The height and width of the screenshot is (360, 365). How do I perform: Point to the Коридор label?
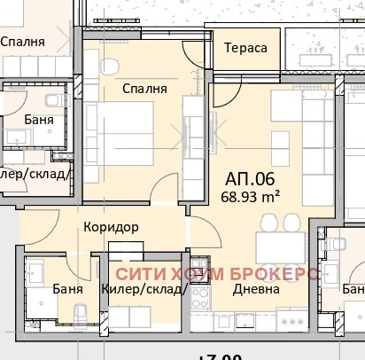[x=111, y=227]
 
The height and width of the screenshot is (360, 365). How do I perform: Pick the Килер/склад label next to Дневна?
[x=142, y=289]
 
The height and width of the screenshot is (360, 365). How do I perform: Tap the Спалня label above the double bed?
[x=144, y=89]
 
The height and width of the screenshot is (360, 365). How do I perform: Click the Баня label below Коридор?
[x=67, y=289]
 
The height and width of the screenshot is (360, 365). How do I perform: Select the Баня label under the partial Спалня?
[x=39, y=119]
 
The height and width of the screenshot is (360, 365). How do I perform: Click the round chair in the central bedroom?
[x=111, y=67]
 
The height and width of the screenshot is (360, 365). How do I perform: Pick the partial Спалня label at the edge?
[x=24, y=41]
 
